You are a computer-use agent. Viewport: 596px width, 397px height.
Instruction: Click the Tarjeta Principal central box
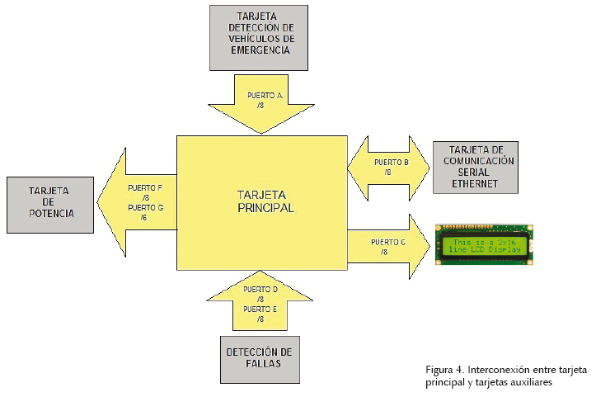[x=260, y=202]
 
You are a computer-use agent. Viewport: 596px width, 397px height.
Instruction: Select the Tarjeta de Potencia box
[x=52, y=202]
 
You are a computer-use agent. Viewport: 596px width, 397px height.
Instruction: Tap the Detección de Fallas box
[x=260, y=358]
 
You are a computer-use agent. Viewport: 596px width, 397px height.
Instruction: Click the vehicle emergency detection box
[x=259, y=37]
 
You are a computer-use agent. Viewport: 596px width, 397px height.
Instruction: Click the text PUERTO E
[x=260, y=309]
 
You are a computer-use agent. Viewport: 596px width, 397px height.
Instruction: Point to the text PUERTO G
[x=146, y=208]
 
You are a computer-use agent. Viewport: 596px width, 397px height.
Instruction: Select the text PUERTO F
[x=146, y=188]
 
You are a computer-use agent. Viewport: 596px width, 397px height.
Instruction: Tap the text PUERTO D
[x=260, y=289]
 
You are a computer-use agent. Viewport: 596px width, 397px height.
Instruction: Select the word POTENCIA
[x=52, y=214]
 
